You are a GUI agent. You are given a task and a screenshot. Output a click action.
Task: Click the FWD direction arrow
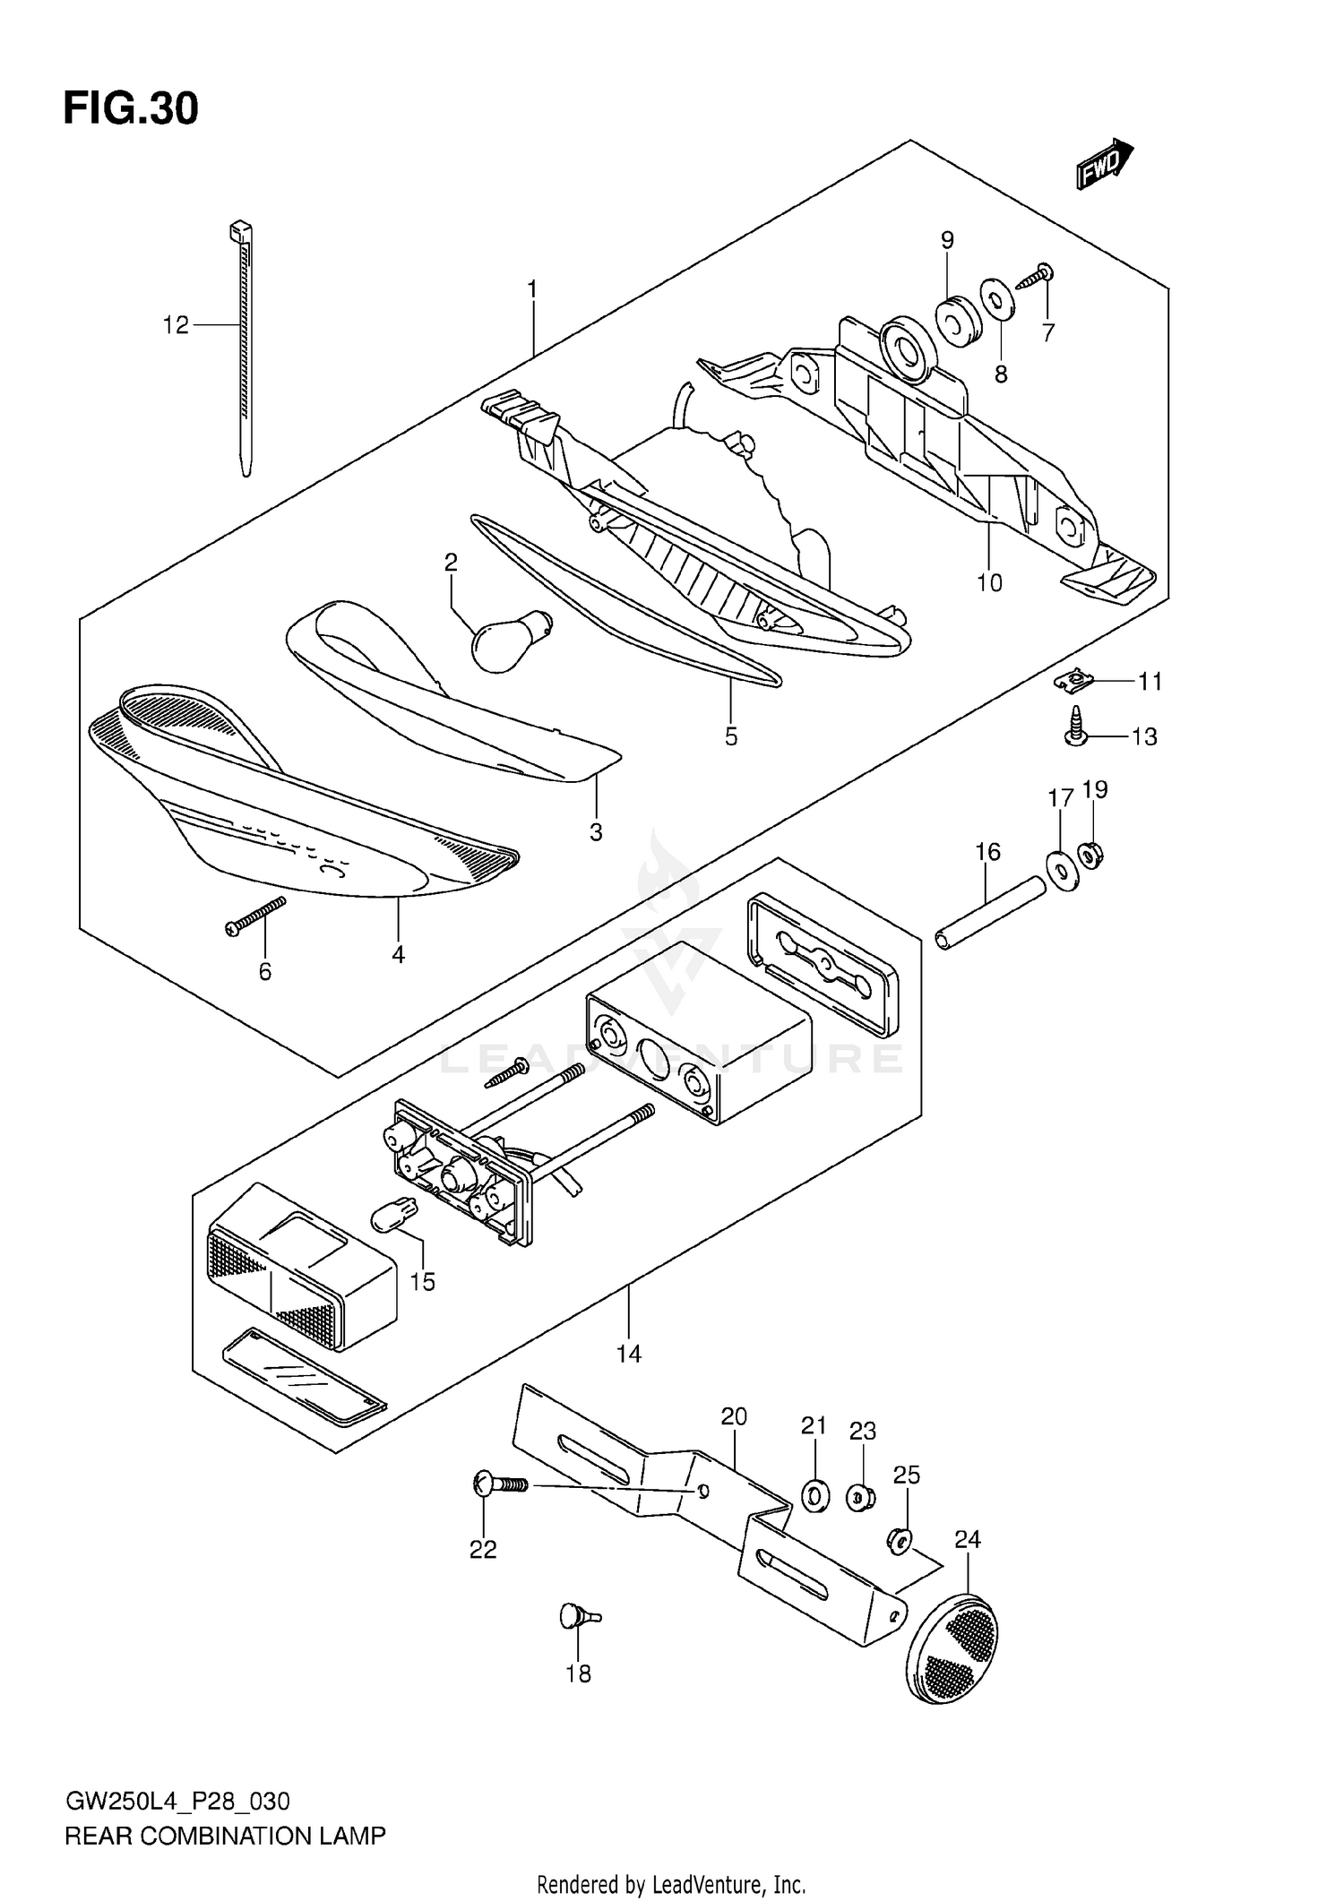(x=1104, y=165)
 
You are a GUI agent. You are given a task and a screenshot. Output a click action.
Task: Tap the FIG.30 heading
(x=131, y=109)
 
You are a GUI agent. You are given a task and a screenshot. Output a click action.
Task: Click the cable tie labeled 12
(x=243, y=349)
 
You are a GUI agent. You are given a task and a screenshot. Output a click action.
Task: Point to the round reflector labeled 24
(x=953, y=1647)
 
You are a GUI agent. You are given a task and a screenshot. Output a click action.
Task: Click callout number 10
(x=989, y=583)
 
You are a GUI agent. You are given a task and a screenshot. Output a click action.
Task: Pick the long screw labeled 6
(x=254, y=916)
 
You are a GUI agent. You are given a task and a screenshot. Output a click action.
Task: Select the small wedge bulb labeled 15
(x=393, y=1219)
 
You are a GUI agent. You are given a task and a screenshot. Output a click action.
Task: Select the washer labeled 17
(x=1062, y=869)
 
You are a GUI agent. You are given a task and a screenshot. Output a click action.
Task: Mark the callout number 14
(x=629, y=1353)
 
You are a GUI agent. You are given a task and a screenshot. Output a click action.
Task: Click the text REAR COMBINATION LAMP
(x=225, y=1836)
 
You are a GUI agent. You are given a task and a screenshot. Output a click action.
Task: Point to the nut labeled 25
(x=900, y=1539)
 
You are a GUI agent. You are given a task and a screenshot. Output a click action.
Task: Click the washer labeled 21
(x=814, y=1495)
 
